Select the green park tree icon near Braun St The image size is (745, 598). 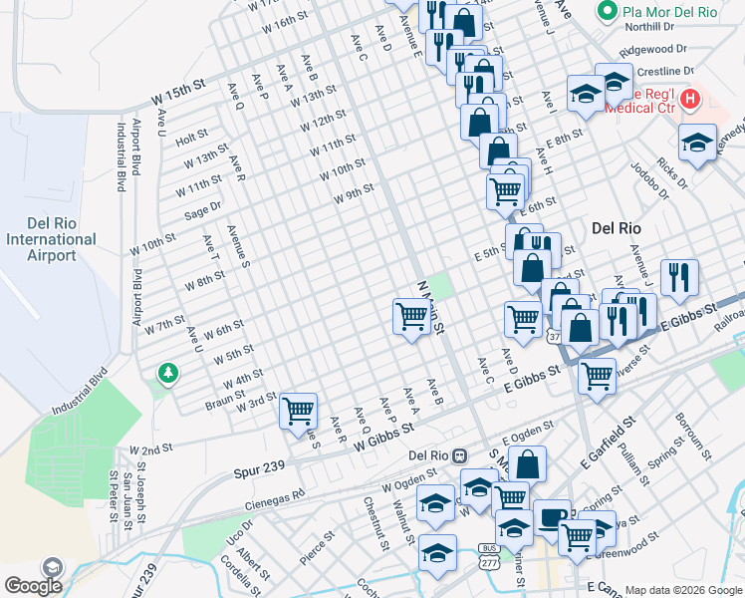click(168, 374)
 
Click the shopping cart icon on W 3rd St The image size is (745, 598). click(298, 410)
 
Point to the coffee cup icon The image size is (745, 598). click(553, 518)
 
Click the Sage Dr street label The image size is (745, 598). click(202, 210)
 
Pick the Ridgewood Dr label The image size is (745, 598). click(652, 48)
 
